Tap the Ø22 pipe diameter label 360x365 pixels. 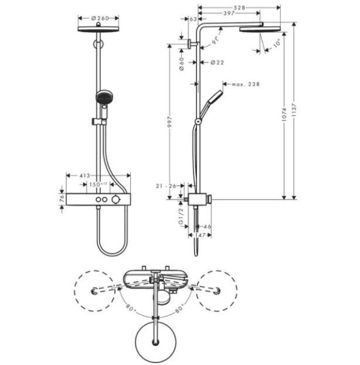coord(216,62)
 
